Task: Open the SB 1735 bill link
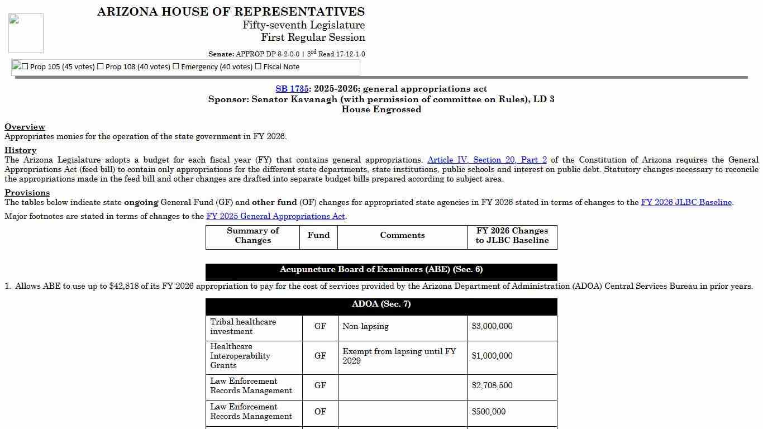[292, 89]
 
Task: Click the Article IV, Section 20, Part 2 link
[487, 160]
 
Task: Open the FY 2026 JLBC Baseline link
[686, 203]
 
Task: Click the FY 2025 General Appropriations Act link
[275, 216]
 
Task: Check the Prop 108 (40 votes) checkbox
[101, 66]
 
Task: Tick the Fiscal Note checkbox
[258, 66]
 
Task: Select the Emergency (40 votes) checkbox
[176, 66]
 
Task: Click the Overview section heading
[25, 127]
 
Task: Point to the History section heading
[21, 150]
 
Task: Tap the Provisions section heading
[27, 193]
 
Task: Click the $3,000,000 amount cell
[492, 326]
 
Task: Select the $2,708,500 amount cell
[492, 385]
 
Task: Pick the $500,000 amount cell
[488, 412]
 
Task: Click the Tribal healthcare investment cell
[243, 326]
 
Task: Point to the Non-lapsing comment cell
[365, 326]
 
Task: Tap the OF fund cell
[320, 412]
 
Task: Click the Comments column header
[402, 235]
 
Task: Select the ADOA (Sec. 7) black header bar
[381, 304]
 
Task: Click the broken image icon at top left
[26, 33]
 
